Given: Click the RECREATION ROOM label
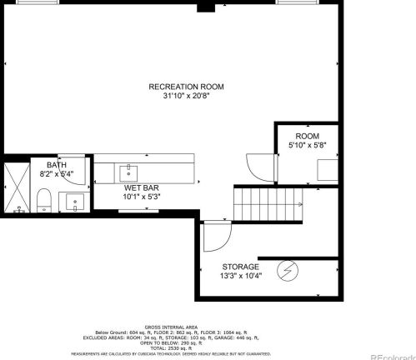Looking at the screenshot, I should [186, 87].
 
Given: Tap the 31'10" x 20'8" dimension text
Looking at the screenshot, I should [186, 96].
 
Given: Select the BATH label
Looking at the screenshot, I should [57, 165].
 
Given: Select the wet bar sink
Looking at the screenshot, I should [129, 172].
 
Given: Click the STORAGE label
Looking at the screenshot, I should [240, 267].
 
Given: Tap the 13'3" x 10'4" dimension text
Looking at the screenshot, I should [240, 276].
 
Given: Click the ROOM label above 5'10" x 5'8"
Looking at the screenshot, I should [307, 137].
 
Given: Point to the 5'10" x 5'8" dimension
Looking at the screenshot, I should [307, 146].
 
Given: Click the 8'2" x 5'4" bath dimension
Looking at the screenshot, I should [57, 174].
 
